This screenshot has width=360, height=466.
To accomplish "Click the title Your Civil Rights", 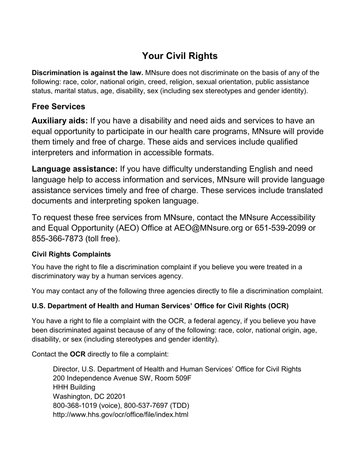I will click(x=180, y=56).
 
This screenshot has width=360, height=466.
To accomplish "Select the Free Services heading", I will click(x=58, y=106).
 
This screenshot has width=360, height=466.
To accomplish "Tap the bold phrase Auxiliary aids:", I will click(x=60, y=121).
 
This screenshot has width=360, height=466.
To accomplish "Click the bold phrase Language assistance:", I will click(x=75, y=169).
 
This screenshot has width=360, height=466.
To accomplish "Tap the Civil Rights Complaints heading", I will click(x=71, y=254).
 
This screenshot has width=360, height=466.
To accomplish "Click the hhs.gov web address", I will click(x=121, y=414).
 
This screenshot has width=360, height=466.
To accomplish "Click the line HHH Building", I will click(x=74, y=387).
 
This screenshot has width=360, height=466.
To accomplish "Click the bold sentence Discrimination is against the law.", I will click(x=88, y=73).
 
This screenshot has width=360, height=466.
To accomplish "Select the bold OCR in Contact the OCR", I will click(x=78, y=354).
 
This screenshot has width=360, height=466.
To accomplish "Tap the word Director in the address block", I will click(x=65, y=369).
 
